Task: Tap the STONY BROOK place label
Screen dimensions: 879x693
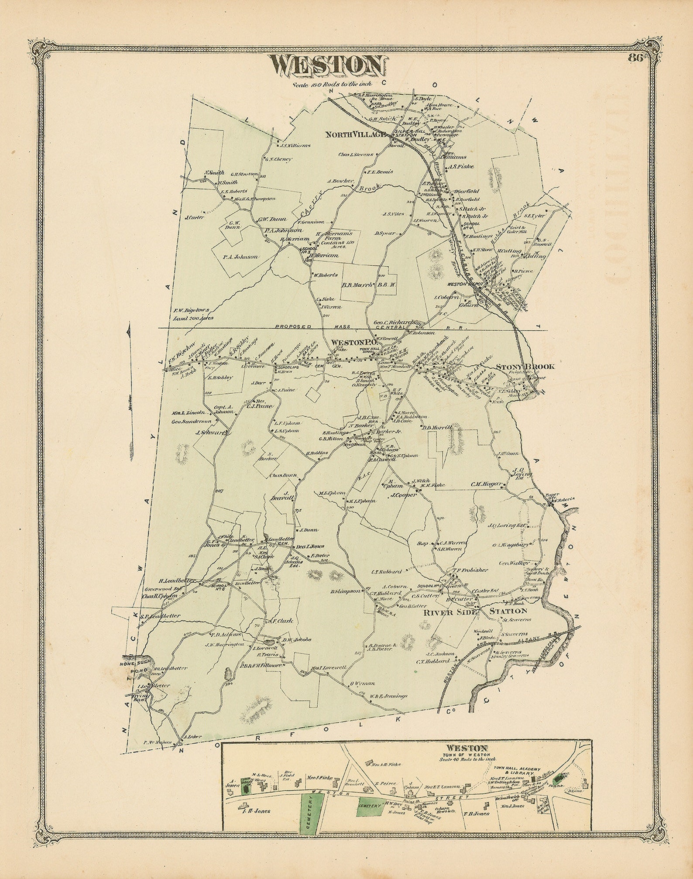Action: [525, 367]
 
